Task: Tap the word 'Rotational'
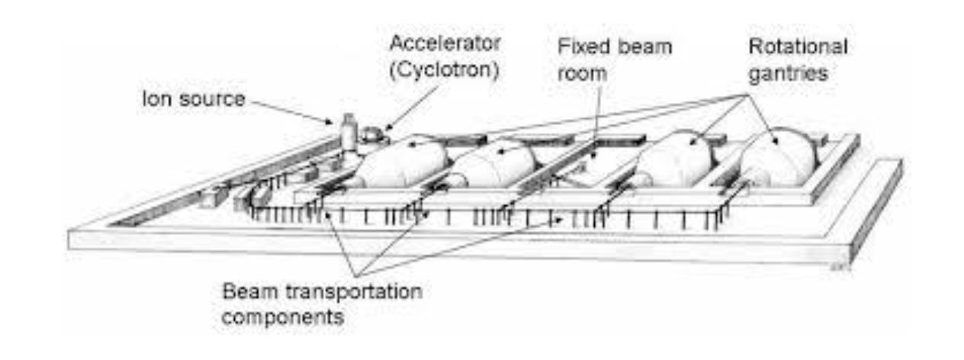click(798, 47)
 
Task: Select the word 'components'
click(284, 315)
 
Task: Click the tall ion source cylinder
click(349, 133)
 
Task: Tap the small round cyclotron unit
click(372, 136)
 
